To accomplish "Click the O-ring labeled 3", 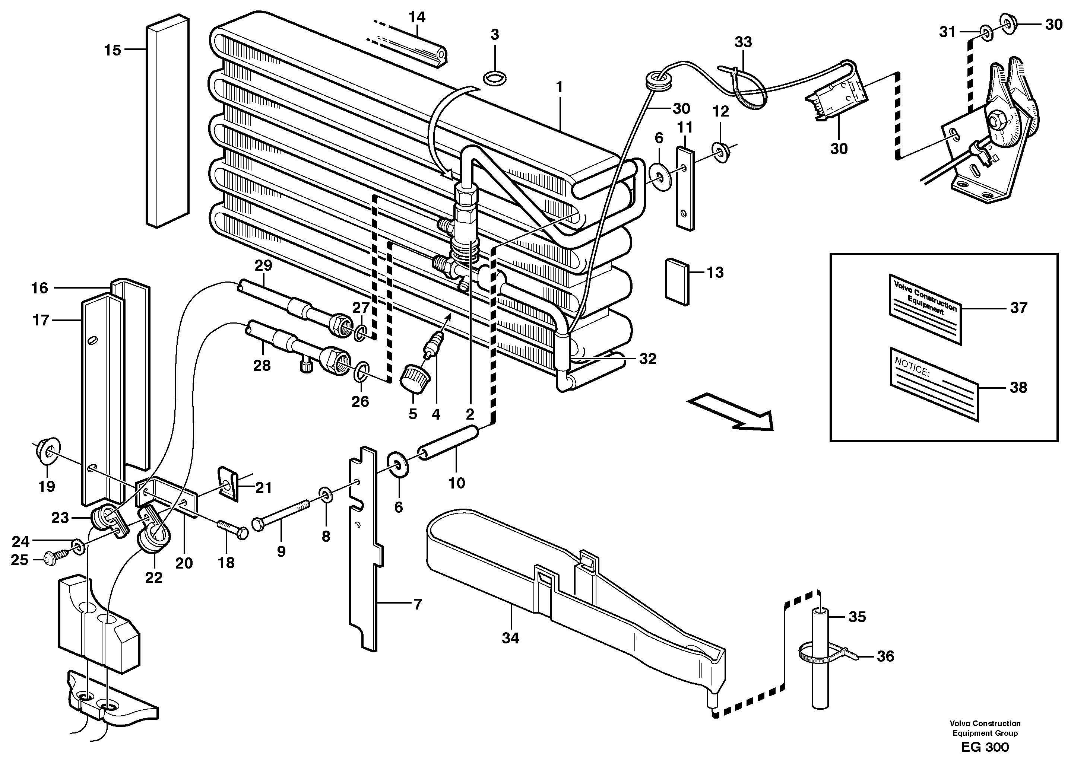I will (x=494, y=78).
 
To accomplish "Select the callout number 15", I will (x=113, y=50).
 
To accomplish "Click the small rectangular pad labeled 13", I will (x=677, y=281).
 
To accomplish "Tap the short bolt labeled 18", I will (x=232, y=529).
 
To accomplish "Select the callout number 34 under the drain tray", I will (x=510, y=638).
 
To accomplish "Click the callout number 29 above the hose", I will (x=263, y=265).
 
